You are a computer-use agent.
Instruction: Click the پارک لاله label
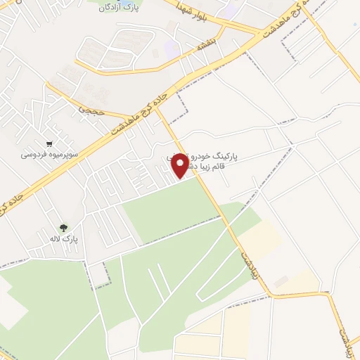point(65,240)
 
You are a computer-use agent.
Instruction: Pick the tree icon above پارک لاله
point(64,227)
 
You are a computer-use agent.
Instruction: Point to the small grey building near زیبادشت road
point(281,281)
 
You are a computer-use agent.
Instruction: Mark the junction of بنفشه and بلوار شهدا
point(224,29)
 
